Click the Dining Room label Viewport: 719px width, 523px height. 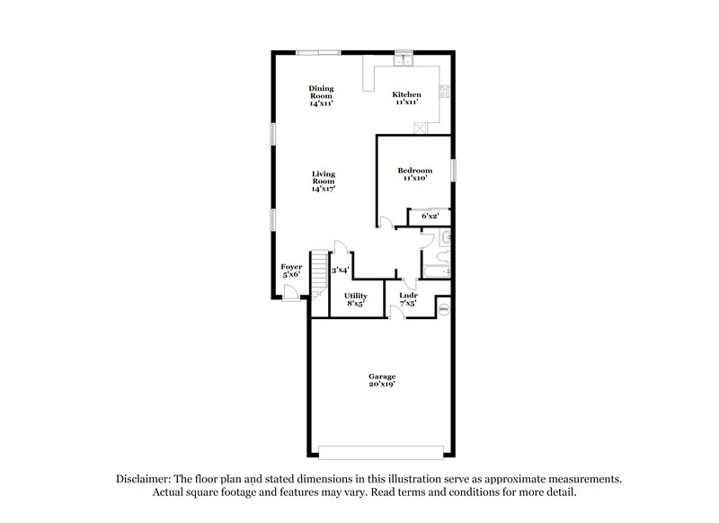click(x=321, y=88)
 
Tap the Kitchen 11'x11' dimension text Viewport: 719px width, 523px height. click(x=405, y=102)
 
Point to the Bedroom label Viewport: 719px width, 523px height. click(x=414, y=171)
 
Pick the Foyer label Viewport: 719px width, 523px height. click(x=291, y=267)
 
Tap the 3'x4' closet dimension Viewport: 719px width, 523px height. click(x=339, y=270)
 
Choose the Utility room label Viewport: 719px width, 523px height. click(x=356, y=296)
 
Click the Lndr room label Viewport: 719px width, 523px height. click(x=407, y=296)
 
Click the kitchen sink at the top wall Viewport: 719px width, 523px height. click(x=403, y=61)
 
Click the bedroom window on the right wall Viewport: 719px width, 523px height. click(x=454, y=170)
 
